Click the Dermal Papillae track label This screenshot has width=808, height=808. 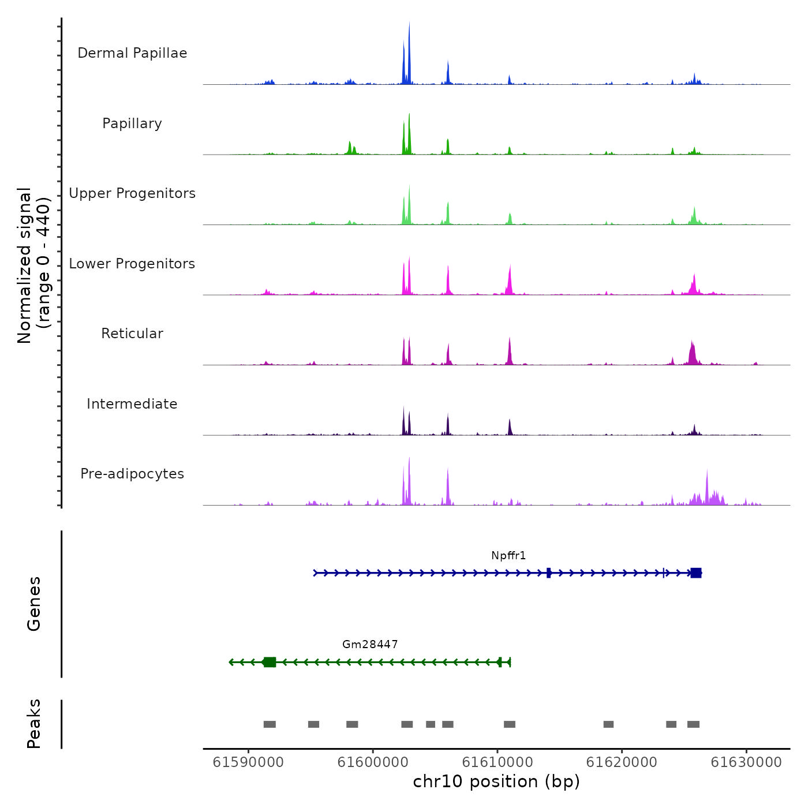[x=132, y=53]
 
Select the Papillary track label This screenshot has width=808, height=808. [x=132, y=124]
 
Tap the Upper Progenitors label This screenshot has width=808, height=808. [x=132, y=193]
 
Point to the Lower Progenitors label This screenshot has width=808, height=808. [x=132, y=264]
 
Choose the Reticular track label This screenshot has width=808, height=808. [x=132, y=334]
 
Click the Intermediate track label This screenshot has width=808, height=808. [x=132, y=404]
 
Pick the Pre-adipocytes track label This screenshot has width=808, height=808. [x=132, y=474]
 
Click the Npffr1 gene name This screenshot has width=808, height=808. [x=508, y=556]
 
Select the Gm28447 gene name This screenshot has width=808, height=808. [x=370, y=645]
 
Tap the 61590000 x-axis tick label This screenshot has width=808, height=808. [x=248, y=762]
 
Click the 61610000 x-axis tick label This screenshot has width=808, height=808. [x=497, y=762]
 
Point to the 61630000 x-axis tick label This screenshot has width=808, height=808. [x=746, y=762]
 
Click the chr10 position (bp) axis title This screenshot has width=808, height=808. [x=496, y=781]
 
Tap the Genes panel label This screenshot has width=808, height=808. [x=34, y=604]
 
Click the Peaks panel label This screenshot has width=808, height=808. [x=34, y=724]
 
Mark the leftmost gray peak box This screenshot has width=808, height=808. [x=270, y=724]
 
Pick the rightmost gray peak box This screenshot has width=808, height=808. [x=693, y=724]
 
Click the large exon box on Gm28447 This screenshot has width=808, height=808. [x=270, y=662]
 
